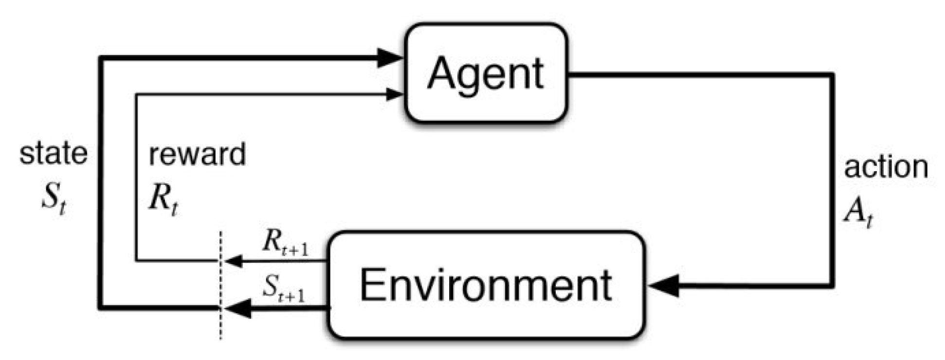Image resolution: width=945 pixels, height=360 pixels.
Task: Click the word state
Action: click(x=54, y=154)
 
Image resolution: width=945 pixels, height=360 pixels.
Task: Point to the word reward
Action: click(x=197, y=155)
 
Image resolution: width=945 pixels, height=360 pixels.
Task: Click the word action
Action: click(x=886, y=167)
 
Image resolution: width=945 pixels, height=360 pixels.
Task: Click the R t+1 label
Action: click(x=285, y=242)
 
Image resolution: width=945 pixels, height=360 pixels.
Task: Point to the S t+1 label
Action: click(x=284, y=288)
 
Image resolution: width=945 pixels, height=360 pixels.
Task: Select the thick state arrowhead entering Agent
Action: click(x=389, y=58)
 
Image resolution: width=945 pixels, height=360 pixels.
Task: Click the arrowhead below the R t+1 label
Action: click(x=234, y=261)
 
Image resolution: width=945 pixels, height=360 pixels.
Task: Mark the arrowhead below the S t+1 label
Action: click(x=237, y=308)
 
